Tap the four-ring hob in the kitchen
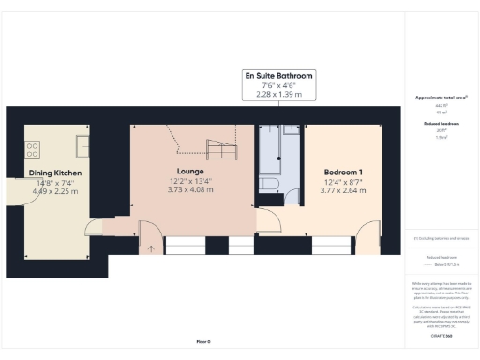coord(31,147)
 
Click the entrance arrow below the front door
coord(149,248)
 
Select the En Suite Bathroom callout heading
coord(278,75)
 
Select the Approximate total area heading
coord(441,97)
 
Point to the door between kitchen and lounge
coord(97,227)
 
